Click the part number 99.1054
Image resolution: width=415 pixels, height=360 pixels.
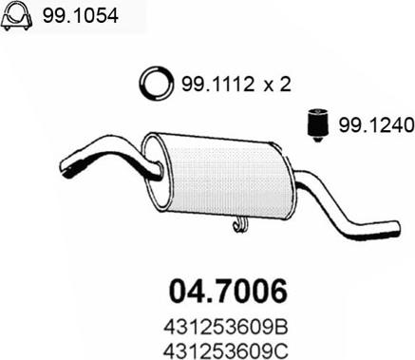(81, 15)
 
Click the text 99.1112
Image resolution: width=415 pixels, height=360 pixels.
(218, 85)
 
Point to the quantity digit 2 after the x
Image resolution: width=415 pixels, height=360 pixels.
(285, 85)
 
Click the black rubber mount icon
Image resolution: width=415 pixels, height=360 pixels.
(318, 125)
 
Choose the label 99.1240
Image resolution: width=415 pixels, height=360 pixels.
(376, 125)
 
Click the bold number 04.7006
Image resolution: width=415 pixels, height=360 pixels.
(228, 291)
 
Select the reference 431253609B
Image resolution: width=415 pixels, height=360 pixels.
(226, 328)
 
